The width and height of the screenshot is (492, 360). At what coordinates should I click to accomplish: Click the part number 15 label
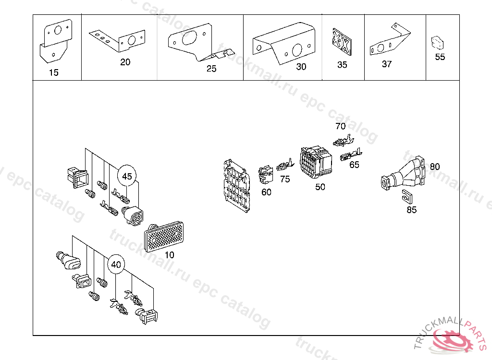click(x=54, y=72)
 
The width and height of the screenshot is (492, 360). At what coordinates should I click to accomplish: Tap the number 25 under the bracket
click(x=211, y=69)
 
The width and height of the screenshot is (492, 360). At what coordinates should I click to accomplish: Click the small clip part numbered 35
click(x=341, y=41)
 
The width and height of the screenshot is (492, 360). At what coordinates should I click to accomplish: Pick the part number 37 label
click(x=387, y=64)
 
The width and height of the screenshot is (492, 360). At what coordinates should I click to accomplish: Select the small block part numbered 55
click(x=437, y=42)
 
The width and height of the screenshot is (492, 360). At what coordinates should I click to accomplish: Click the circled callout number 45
click(x=126, y=176)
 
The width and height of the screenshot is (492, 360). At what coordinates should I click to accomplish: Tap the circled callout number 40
click(x=116, y=264)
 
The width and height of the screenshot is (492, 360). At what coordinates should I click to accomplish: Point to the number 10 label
click(x=169, y=255)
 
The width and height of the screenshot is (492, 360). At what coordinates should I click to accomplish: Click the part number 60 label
click(x=266, y=192)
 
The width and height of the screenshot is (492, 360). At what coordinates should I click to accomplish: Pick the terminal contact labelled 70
click(x=344, y=141)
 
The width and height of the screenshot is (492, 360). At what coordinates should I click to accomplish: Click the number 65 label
click(x=354, y=165)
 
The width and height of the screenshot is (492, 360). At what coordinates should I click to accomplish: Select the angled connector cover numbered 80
click(x=404, y=175)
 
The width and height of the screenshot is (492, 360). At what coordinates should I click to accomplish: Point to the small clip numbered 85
click(x=408, y=196)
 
